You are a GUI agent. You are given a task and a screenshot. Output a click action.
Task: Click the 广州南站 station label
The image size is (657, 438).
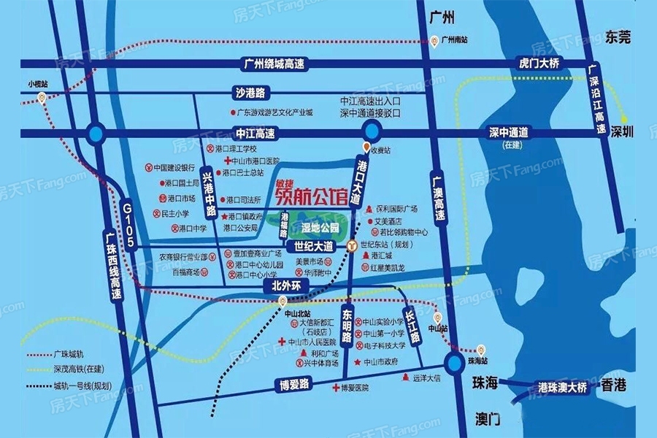pos(458,40)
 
